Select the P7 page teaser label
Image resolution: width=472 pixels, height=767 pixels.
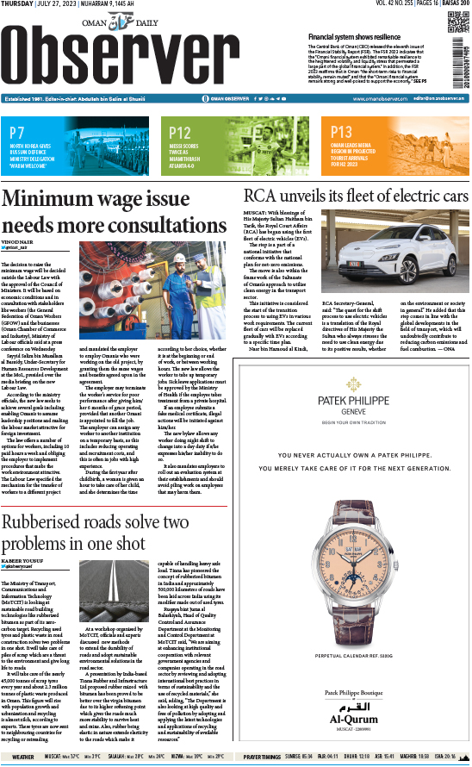click(17, 133)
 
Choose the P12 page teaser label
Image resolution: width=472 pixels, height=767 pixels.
click(180, 133)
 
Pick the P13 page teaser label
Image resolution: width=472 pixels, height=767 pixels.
click(341, 133)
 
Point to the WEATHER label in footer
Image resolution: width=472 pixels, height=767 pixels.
click(17, 757)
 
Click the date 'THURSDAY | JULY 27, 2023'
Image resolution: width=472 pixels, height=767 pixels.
click(39, 4)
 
